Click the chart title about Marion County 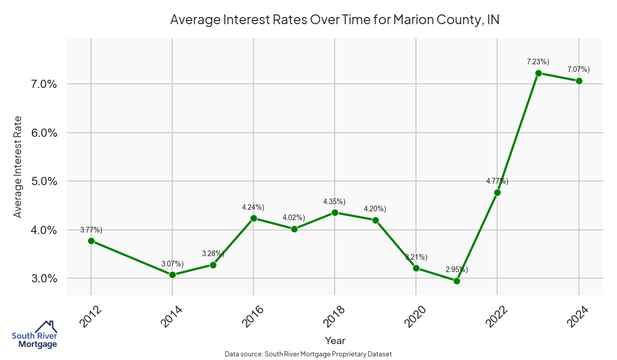(335, 20)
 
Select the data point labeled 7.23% (538, 73)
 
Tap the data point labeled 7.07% (579, 81)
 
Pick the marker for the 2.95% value (457, 281)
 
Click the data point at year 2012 (91, 241)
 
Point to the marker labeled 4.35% (335, 212)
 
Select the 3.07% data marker (172, 275)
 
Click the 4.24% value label (253, 207)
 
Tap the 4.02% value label (294, 218)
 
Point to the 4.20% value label (375, 209)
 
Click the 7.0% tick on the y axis (41, 84)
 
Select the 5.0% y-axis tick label (41, 181)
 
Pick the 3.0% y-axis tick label (41, 278)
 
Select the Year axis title (335, 340)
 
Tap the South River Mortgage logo (34, 335)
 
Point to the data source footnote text (308, 354)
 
